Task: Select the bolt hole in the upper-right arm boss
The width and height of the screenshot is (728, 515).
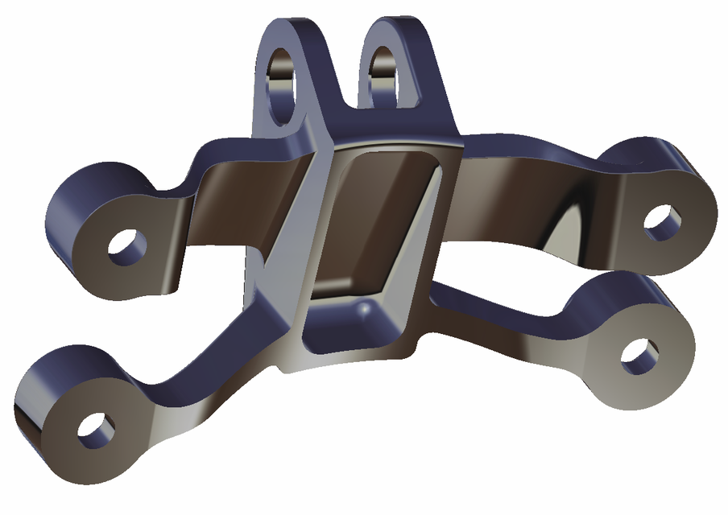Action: [x=663, y=221]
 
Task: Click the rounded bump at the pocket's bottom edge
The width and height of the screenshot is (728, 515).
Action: [x=366, y=309]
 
